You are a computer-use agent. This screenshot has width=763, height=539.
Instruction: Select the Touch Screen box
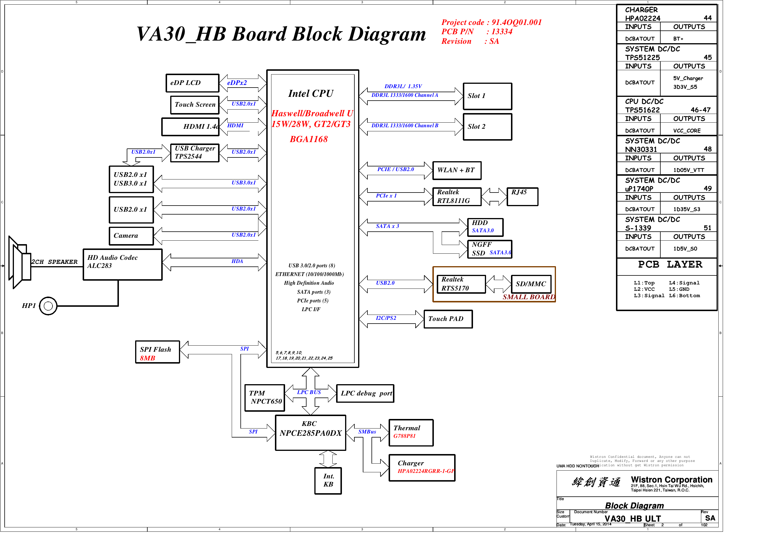[x=195, y=105]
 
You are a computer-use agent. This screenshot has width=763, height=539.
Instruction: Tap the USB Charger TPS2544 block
[x=195, y=153]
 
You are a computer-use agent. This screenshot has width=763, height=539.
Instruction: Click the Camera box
[x=131, y=236]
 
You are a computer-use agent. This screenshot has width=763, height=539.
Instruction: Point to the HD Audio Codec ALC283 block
[x=122, y=264]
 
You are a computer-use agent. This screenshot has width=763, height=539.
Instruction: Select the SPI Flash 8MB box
[x=157, y=352]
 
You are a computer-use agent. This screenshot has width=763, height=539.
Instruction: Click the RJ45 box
[x=522, y=197]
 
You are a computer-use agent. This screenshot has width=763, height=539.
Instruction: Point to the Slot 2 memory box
[x=487, y=127]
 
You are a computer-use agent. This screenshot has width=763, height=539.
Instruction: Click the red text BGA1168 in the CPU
[x=309, y=139]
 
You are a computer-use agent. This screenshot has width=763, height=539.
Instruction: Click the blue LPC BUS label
[x=309, y=393]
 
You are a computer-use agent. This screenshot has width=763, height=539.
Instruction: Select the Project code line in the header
[x=491, y=23]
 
